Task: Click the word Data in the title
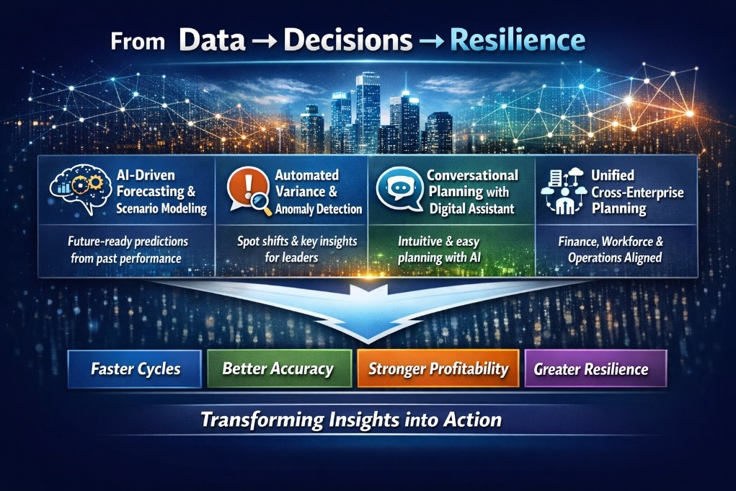click(x=214, y=40)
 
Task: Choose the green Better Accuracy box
click(x=278, y=369)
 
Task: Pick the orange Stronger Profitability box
click(x=438, y=369)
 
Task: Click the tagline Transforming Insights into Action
click(x=351, y=419)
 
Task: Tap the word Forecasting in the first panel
click(x=146, y=192)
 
